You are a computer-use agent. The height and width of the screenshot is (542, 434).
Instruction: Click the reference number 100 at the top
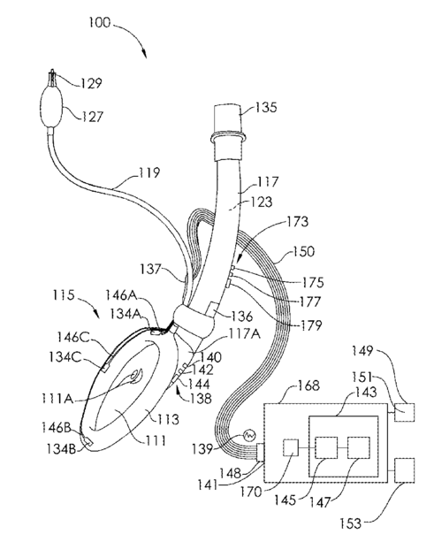tap(100, 22)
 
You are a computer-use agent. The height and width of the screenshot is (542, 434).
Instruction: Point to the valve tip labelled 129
tap(52, 78)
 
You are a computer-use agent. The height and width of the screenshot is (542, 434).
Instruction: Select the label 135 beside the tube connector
tap(266, 107)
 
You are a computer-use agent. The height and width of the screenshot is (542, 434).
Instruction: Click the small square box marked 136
tap(212, 308)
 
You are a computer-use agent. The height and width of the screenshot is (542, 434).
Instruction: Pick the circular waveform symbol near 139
tap(249, 436)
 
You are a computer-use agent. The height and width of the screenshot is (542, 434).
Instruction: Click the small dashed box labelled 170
tap(291, 448)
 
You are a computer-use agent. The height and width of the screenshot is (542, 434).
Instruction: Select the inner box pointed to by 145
tap(326, 447)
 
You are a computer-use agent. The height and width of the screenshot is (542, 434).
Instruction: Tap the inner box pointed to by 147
tap(359, 447)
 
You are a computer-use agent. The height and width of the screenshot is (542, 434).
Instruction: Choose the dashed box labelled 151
tap(404, 412)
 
